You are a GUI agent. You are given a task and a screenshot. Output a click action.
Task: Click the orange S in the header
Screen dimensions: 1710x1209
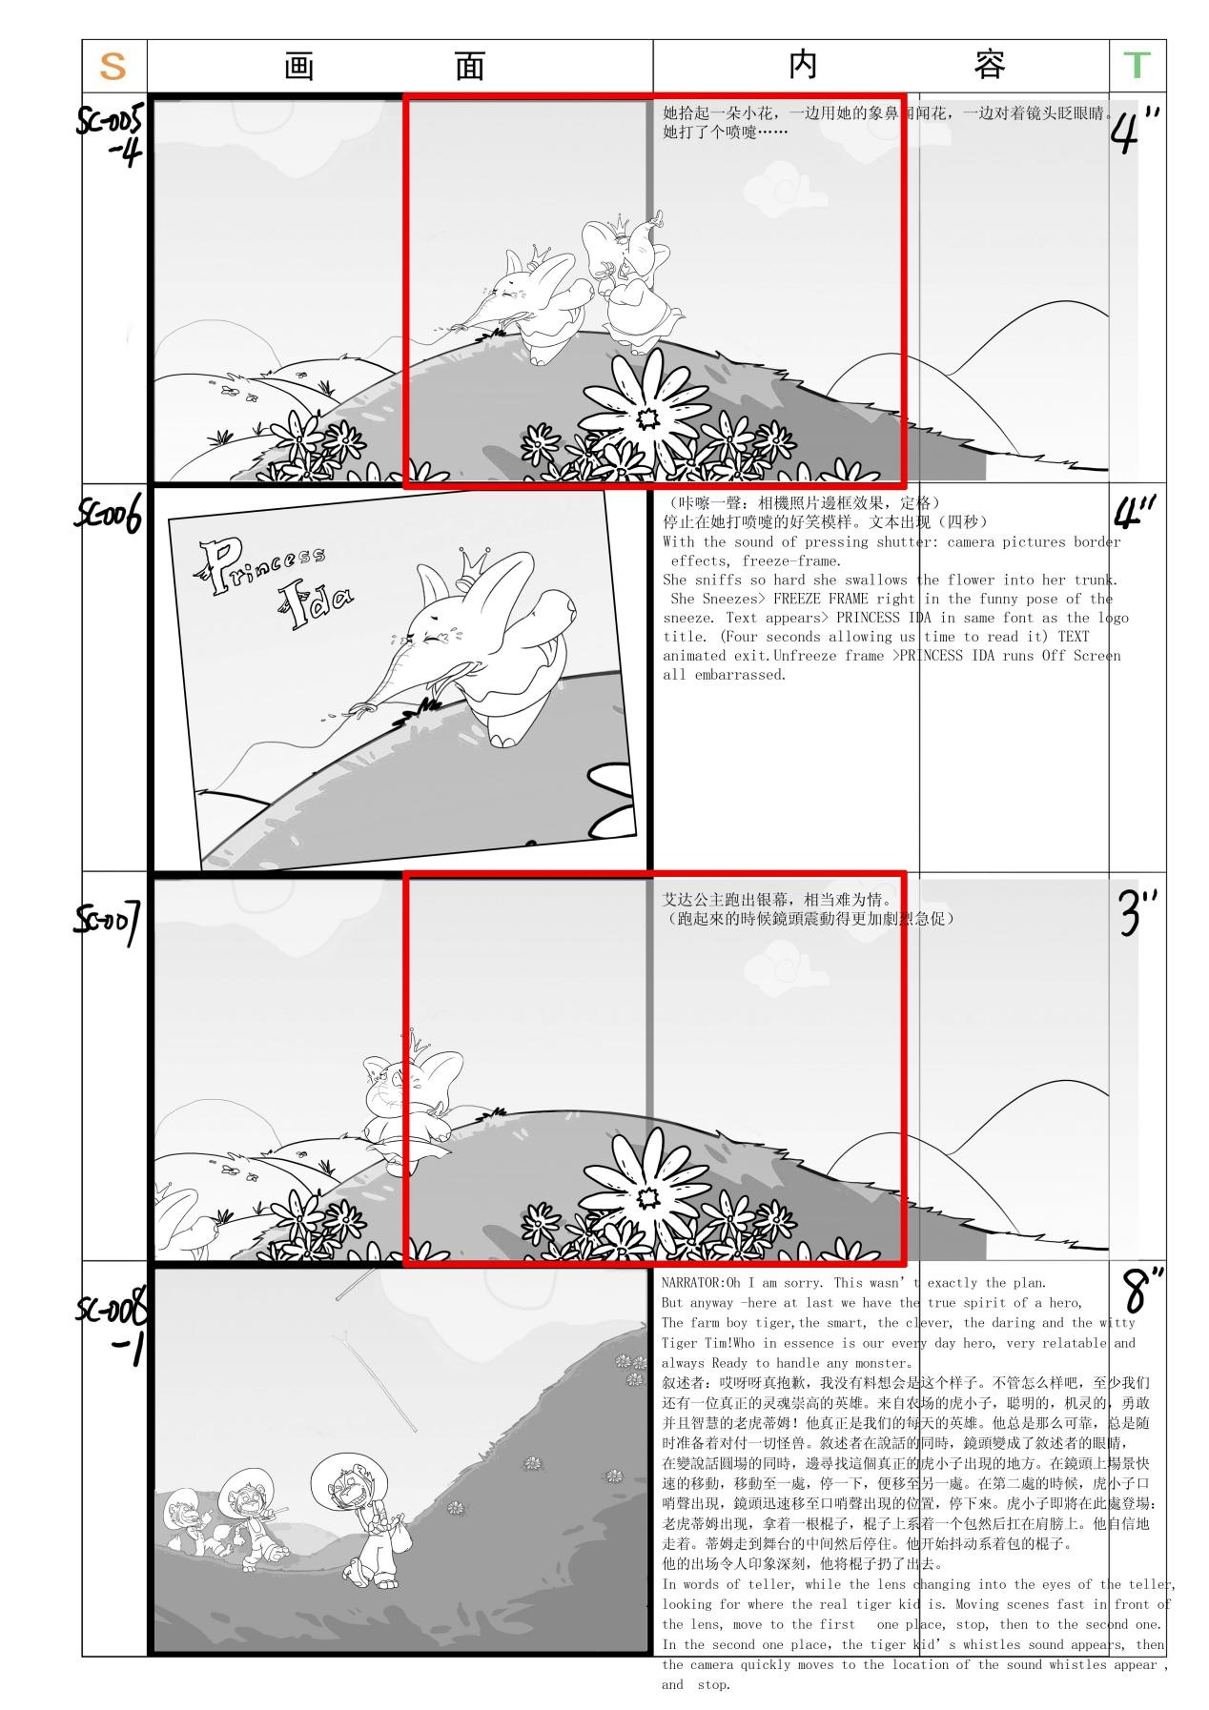pos(113,66)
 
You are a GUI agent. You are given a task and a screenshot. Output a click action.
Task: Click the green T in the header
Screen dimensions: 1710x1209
pos(1137,66)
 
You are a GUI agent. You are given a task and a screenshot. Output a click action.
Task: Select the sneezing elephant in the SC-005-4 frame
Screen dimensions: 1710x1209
pos(534,300)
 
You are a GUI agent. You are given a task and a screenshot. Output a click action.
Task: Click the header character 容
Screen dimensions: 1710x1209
pos(990,66)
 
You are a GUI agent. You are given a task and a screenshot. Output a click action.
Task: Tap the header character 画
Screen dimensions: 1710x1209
pos(298,67)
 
